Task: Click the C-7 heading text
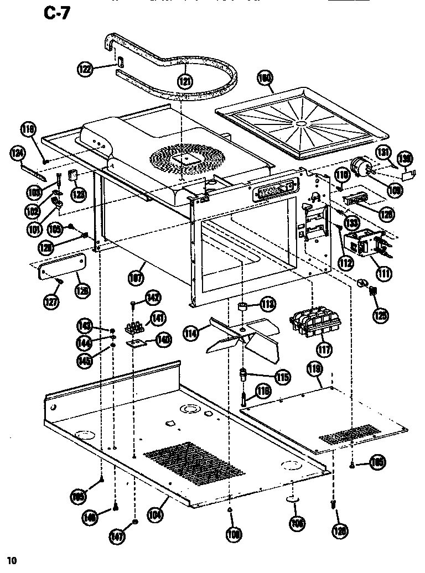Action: coord(56,13)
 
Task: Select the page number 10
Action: coord(12,560)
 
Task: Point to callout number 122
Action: coord(85,69)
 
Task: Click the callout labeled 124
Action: coord(17,152)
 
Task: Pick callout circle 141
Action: coord(158,318)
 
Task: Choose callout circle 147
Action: coord(117,536)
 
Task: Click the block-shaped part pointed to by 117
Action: coord(312,321)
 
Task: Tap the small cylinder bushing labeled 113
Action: coord(242,306)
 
